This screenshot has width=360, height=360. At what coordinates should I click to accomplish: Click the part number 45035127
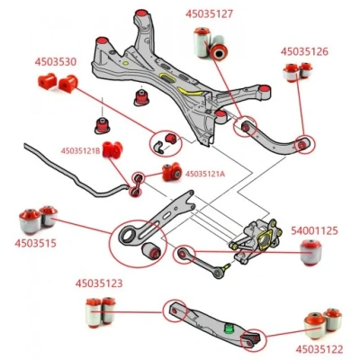click(x=209, y=13)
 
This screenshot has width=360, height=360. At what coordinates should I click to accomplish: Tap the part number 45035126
click(x=304, y=51)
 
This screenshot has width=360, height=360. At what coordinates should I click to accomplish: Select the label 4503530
click(x=56, y=62)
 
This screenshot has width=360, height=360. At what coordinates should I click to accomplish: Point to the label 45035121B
click(x=80, y=150)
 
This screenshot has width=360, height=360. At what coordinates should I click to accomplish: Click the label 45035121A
click(x=205, y=174)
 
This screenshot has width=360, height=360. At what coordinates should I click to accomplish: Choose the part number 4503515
click(x=35, y=243)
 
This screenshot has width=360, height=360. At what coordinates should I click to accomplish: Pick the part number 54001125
click(x=314, y=230)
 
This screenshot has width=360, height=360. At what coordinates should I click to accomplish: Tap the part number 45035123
click(x=99, y=283)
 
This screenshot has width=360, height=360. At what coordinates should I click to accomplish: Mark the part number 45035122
click(x=319, y=349)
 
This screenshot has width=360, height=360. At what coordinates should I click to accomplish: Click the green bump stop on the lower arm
click(x=229, y=328)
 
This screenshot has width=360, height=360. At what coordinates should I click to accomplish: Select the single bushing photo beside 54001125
click(x=311, y=253)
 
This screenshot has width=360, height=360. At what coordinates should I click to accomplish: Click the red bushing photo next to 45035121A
click(x=172, y=172)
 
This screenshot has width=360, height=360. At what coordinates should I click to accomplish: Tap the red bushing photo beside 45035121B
click(x=112, y=149)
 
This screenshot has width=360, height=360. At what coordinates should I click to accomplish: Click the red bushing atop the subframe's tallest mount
click(x=141, y=13)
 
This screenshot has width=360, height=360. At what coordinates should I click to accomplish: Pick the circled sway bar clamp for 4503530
click(x=166, y=143)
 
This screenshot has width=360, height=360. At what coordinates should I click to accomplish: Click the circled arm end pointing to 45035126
click(x=305, y=145)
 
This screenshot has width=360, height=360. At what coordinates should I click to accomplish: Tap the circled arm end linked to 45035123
click(x=175, y=310)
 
